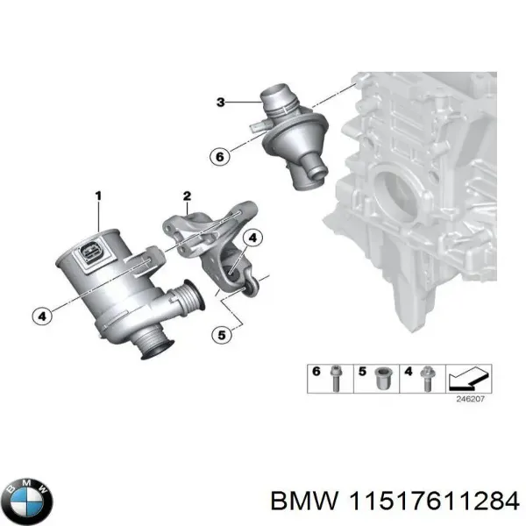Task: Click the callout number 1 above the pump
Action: click(x=98, y=194)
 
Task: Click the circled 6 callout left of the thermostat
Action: click(x=218, y=157)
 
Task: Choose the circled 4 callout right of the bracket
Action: click(x=252, y=238)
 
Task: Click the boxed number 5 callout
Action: click(x=222, y=334)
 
